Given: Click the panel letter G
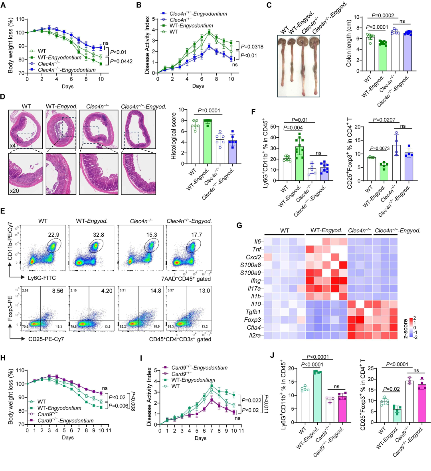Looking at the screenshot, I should (x=239, y=226).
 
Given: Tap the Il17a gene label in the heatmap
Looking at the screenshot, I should (x=255, y=288).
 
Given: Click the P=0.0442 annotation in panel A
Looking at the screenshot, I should (x=121, y=61).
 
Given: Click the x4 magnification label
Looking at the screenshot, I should (x=13, y=146).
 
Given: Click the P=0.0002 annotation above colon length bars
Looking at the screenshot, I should (x=383, y=16).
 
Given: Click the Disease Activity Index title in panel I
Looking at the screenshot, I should (x=149, y=395).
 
